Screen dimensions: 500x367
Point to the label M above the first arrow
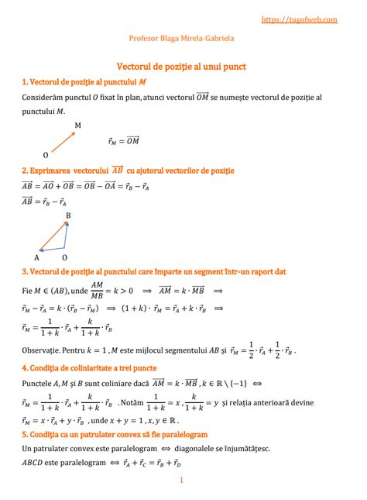coord(77,125)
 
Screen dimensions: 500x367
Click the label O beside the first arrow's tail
coord(46,154)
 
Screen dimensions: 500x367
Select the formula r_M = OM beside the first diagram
coord(124,140)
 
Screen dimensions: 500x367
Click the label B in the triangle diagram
coord(68,215)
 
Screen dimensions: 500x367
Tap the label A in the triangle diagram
coord(36,257)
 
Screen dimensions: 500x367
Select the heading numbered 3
coord(155,272)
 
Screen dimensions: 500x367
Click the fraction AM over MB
coord(98,291)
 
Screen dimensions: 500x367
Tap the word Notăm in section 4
coord(135,402)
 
